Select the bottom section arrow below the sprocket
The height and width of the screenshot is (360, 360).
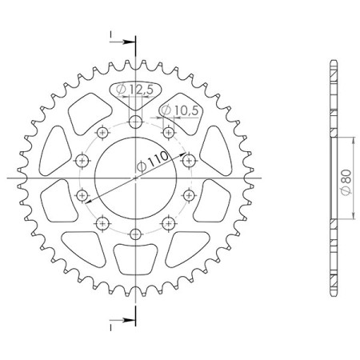coord(115,322)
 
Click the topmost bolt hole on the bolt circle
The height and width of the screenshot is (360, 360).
coord(135,122)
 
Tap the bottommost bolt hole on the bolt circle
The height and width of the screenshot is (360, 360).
coord(135,234)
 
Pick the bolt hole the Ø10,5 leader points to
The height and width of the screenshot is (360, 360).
coord(170,132)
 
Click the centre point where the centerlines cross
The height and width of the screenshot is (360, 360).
coord(135,178)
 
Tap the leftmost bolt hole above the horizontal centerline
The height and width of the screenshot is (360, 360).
coord(81,161)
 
